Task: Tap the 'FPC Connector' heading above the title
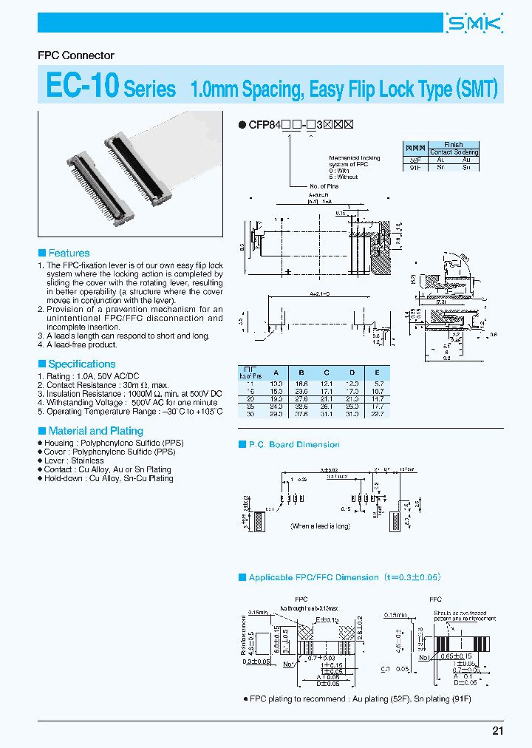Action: click(76, 55)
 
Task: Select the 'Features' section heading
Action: click(69, 253)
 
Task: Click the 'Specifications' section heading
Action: click(81, 364)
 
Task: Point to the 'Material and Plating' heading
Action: click(95, 430)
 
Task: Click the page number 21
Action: click(497, 730)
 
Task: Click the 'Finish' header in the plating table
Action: click(454, 145)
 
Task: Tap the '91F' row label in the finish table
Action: click(415, 168)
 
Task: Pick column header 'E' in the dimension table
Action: click(378, 373)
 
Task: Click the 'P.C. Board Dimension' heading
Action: click(293, 444)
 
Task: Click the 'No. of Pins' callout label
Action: click(324, 186)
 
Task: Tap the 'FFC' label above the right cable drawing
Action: click(435, 599)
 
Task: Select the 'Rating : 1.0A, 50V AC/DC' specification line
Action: click(92, 376)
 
